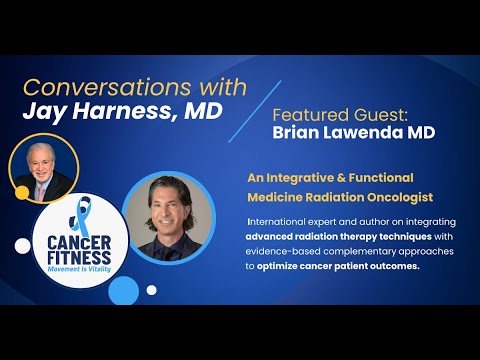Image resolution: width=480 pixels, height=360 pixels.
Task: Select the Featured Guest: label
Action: point(339,114)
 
